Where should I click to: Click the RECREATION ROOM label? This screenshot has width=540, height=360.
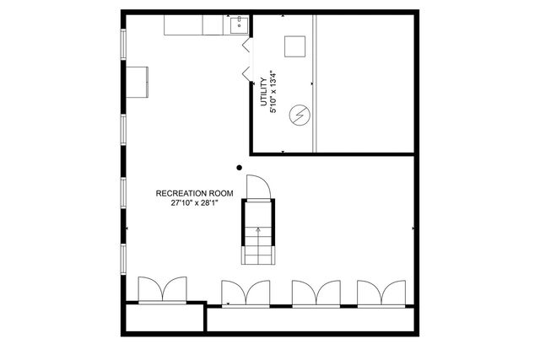click(x=195, y=193)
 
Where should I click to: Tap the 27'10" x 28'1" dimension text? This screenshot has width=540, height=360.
click(x=195, y=203)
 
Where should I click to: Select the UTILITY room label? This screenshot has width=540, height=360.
click(x=264, y=92)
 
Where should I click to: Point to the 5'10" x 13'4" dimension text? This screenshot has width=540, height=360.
click(x=273, y=92)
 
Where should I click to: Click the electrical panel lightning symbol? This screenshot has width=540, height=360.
click(x=300, y=115)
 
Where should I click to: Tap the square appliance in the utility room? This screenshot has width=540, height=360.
click(x=294, y=46)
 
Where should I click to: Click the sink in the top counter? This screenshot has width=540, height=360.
click(x=239, y=24)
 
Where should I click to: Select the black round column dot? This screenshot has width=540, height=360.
click(x=239, y=168)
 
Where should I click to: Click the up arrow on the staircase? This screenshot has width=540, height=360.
click(x=258, y=237)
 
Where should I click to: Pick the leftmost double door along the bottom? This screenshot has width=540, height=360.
click(x=163, y=290)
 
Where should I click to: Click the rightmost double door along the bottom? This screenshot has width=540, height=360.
click(x=381, y=293)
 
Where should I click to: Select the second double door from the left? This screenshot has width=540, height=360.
click(x=246, y=293)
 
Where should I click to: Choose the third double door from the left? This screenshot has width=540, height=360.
click(x=316, y=293)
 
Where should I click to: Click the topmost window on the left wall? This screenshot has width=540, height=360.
click(x=123, y=45)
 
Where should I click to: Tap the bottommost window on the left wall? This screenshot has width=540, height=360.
click(x=123, y=259)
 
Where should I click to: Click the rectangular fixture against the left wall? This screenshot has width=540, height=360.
click(x=137, y=82)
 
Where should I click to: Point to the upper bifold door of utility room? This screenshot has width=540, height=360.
click(x=246, y=45)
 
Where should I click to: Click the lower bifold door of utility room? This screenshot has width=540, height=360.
click(x=246, y=74)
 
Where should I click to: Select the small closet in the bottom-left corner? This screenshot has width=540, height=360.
click(x=165, y=318)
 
